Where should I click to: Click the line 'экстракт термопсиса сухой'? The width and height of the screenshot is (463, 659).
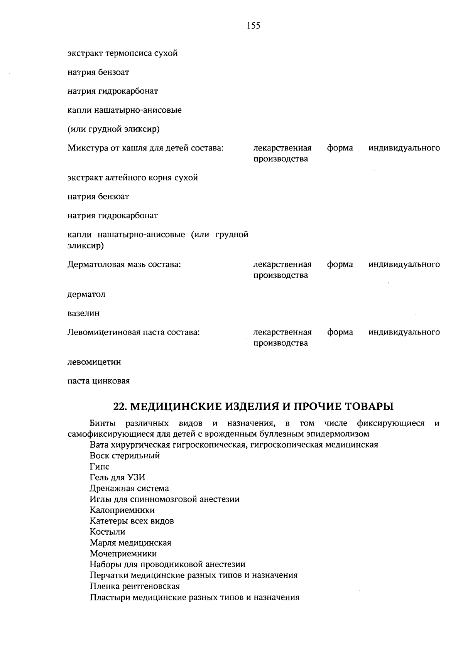pos(123,53)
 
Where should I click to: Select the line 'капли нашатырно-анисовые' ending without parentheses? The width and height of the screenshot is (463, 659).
pos(125,110)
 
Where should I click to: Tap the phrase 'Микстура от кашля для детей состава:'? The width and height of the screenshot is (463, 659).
pos(146,148)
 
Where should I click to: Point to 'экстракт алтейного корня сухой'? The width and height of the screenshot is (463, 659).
pos(133,178)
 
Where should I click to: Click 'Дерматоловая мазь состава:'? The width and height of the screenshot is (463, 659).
pos(125,265)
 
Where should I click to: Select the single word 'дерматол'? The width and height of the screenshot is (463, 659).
pos(86,295)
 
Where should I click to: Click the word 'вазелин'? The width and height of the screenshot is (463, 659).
pos(83,313)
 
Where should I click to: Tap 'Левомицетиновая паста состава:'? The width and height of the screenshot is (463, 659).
pos(133,332)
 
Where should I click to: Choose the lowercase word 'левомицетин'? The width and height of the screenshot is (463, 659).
pos(94,362)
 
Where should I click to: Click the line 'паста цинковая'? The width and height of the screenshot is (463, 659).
pos(99,381)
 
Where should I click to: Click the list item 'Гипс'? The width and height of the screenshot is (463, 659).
pos(100,467)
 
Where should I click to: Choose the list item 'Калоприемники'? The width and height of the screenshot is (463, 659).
pos(122,510)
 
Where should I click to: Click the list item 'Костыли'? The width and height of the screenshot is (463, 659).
pos(107,532)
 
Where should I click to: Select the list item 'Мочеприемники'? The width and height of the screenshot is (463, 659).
pos(123,554)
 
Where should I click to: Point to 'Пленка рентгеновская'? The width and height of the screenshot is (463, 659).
pos(135,586)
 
